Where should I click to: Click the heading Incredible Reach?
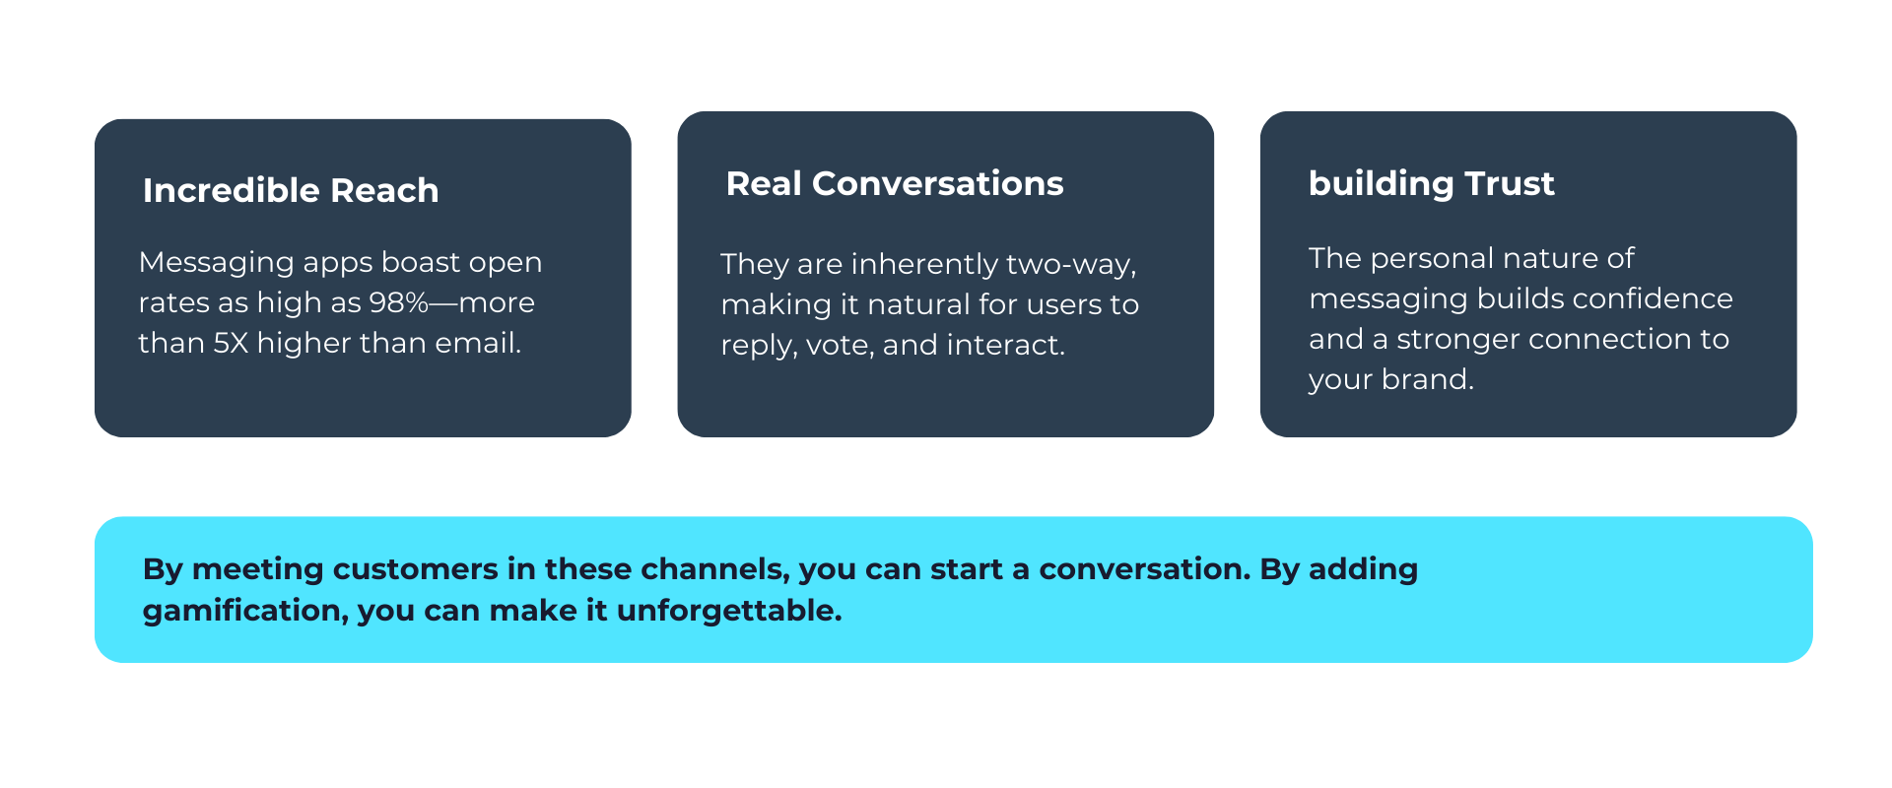(x=291, y=190)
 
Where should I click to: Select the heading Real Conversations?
(x=895, y=183)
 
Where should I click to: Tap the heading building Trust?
(x=1431, y=183)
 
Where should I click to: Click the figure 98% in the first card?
(x=398, y=302)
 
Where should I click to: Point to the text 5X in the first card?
(x=232, y=343)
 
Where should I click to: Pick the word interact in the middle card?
(x=1005, y=345)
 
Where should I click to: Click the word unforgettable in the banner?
(x=728, y=611)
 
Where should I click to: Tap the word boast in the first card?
(x=420, y=263)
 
